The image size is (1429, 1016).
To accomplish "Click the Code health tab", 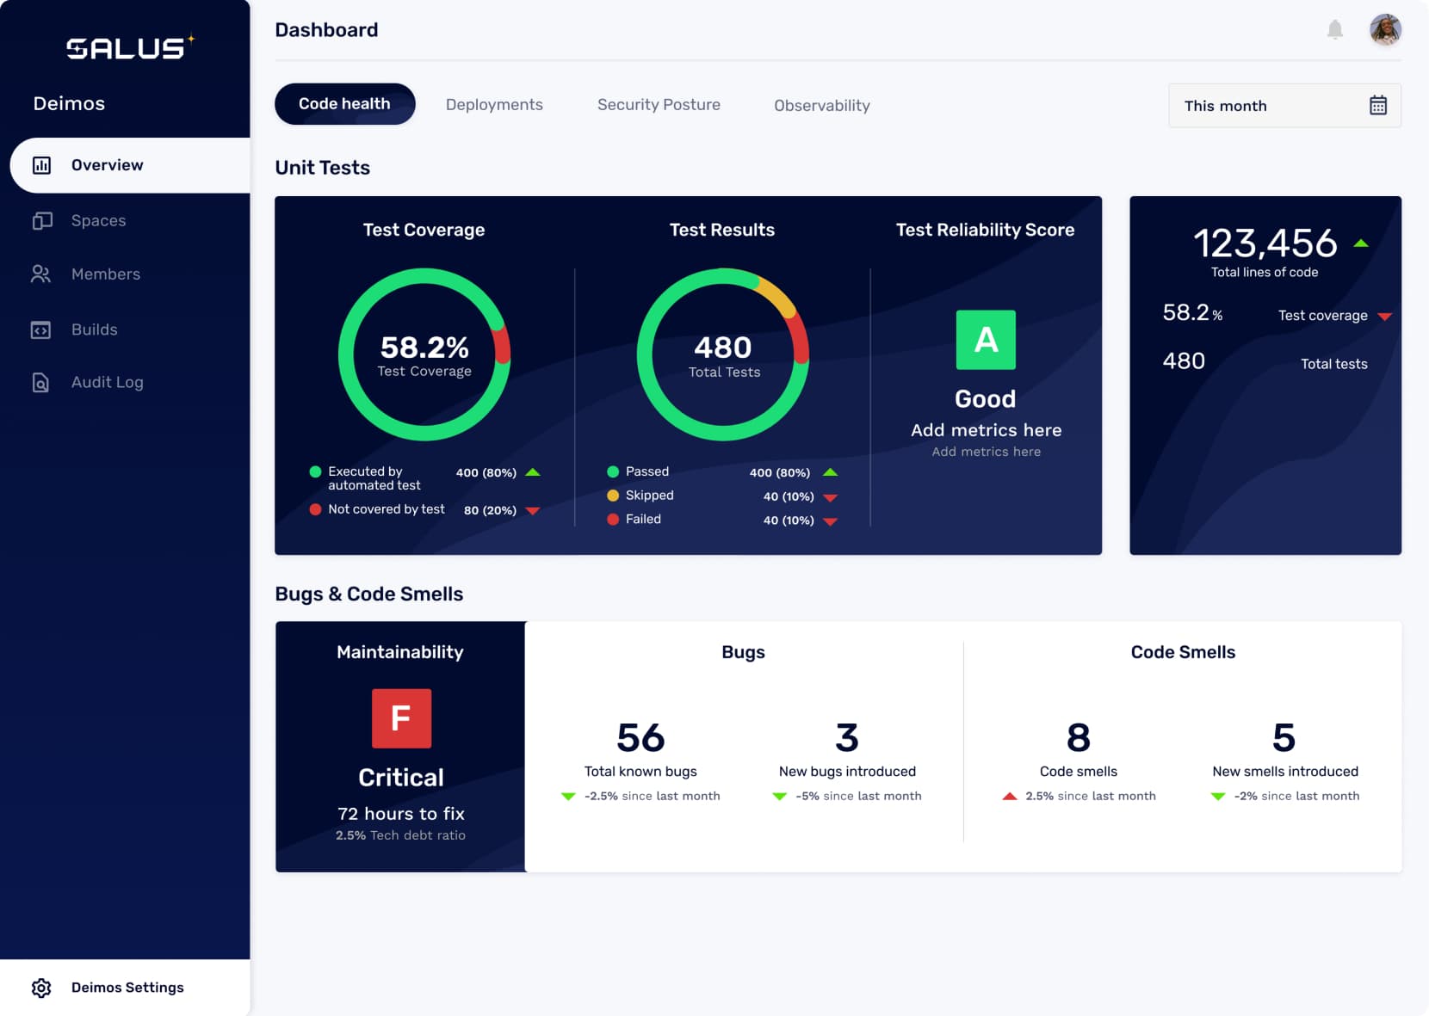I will tap(344, 104).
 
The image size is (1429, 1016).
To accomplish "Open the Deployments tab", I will tap(494, 105).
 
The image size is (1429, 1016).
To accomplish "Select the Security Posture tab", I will tap(659, 105).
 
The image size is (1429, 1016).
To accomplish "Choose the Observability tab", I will tap(821, 106).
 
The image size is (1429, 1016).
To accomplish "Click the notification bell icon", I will tap(1334, 30).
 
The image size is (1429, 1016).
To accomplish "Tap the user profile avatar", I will tap(1385, 30).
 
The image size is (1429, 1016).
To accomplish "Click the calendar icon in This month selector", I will tap(1377, 106).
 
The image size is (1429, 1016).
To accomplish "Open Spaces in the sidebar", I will tap(98, 221).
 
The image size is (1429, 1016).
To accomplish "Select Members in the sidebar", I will tap(105, 274).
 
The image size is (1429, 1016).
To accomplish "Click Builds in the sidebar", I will tap(94, 329).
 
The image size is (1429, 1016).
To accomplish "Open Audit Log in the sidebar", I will tap(107, 383).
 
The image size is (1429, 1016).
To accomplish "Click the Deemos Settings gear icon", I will tap(41, 988).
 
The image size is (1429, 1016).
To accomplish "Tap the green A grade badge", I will tap(986, 340).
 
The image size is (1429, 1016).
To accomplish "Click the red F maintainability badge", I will tap(401, 718).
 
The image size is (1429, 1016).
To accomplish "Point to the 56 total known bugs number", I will tap(640, 738).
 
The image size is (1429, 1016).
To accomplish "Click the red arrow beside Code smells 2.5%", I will tap(1010, 797).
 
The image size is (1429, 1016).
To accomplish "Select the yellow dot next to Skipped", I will tap(613, 496).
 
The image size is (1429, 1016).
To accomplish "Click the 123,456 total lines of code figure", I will tap(1265, 243).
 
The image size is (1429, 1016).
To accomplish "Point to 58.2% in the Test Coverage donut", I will tap(424, 348).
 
